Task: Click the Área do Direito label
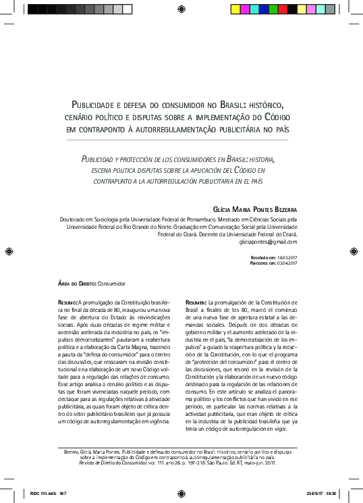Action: point(76,285)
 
